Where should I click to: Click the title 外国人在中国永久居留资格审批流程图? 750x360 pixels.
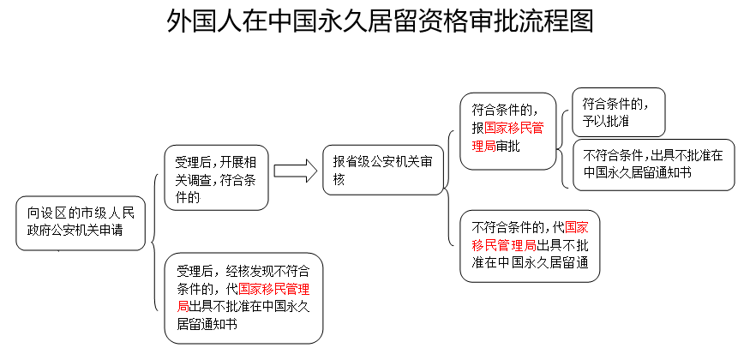tap(380, 21)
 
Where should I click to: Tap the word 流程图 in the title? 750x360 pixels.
tap(557, 21)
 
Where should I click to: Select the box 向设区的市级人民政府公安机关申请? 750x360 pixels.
tap(81, 223)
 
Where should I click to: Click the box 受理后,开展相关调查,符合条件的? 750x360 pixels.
tap(216, 177)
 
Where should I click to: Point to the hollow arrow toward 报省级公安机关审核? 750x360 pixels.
tap(296, 171)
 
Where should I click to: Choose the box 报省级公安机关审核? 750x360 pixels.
tap(383, 171)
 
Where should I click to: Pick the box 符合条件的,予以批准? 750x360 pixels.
tap(619, 112)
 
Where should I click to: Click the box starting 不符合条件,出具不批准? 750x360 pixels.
tap(653, 165)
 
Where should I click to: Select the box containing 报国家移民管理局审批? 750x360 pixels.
tap(508, 131)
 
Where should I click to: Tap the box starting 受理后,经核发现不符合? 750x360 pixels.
tap(243, 298)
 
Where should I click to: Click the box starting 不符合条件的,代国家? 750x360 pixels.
tap(530, 246)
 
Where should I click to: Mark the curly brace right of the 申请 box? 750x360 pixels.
tap(154, 243)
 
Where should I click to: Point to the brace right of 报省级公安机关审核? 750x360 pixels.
tap(448, 188)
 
